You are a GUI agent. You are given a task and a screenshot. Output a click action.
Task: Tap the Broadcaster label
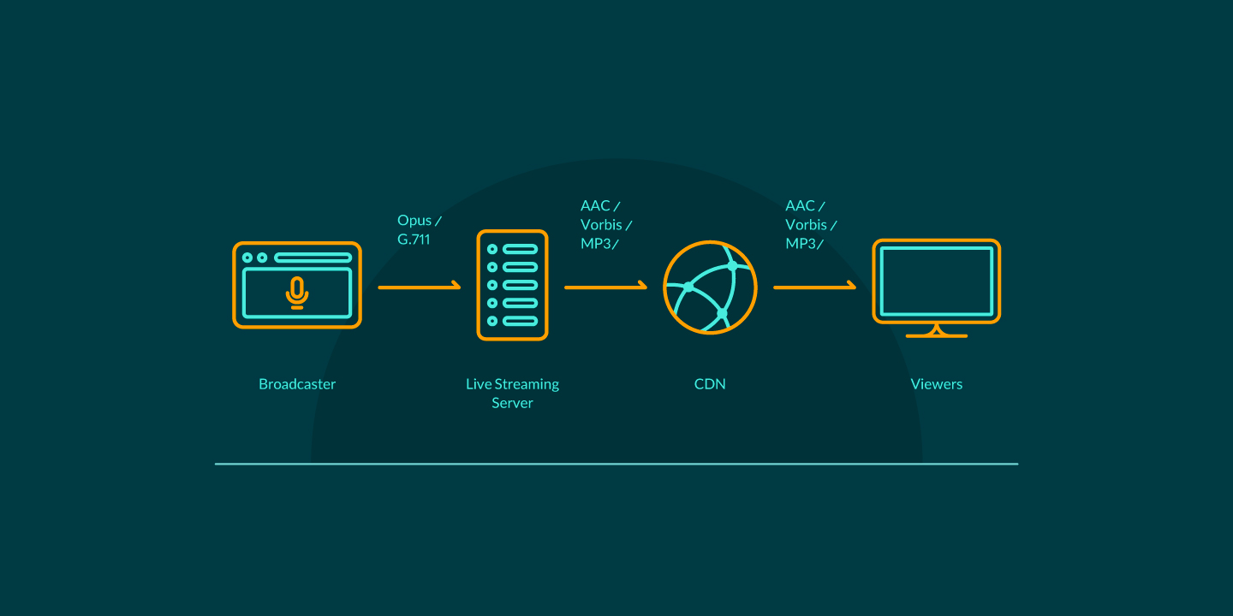point(297,384)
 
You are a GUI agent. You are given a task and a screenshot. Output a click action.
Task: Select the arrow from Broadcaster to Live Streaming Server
point(420,287)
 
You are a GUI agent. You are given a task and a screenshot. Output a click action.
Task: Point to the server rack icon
point(512,285)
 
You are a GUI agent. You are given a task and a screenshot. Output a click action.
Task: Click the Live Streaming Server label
point(512,394)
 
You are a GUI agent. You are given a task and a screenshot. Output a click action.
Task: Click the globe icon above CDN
point(710,287)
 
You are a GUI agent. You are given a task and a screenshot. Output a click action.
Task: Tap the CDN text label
point(710,384)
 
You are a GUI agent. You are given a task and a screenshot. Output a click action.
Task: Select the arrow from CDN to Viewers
point(814,287)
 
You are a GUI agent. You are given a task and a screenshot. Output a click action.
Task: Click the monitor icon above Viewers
point(937,282)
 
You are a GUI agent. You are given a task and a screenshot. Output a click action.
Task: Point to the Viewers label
point(937,384)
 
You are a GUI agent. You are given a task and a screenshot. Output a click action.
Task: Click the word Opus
point(415,221)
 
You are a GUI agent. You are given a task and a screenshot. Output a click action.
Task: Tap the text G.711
point(414,240)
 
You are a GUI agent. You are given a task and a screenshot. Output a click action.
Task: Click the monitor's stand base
point(937,335)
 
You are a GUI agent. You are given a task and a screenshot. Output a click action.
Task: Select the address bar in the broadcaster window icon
point(313,258)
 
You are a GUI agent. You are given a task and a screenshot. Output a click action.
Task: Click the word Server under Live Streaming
point(512,403)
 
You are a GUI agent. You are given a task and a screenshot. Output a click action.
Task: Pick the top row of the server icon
point(512,249)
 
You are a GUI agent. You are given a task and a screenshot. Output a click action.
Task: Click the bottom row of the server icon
point(512,321)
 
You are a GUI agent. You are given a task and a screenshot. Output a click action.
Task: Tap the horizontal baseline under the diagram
point(616,464)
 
